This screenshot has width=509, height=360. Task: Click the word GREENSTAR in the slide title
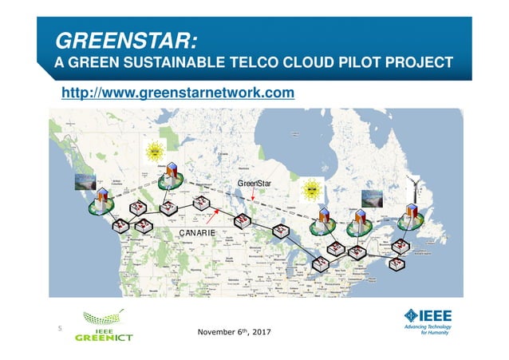pos(125,40)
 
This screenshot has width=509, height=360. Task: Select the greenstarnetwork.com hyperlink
pos(178,93)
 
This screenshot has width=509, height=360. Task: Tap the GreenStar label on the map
pos(256,184)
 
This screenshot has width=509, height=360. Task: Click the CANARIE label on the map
pos(199,232)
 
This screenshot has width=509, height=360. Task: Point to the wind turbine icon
pos(415,187)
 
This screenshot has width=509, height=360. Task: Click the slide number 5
pos(58,327)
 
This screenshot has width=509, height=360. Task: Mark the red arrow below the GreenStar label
pos(254,204)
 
